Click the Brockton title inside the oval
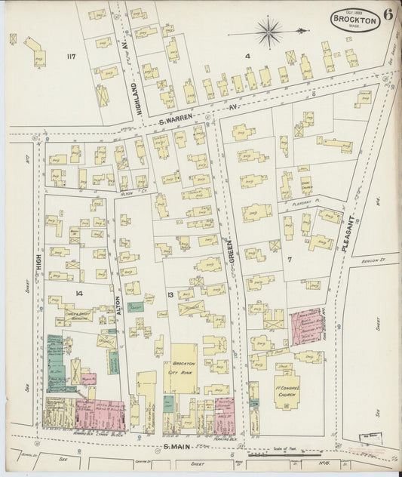354,21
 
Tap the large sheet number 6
387,14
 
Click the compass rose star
268,32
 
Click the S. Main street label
178,447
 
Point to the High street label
36,260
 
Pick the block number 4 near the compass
247,55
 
